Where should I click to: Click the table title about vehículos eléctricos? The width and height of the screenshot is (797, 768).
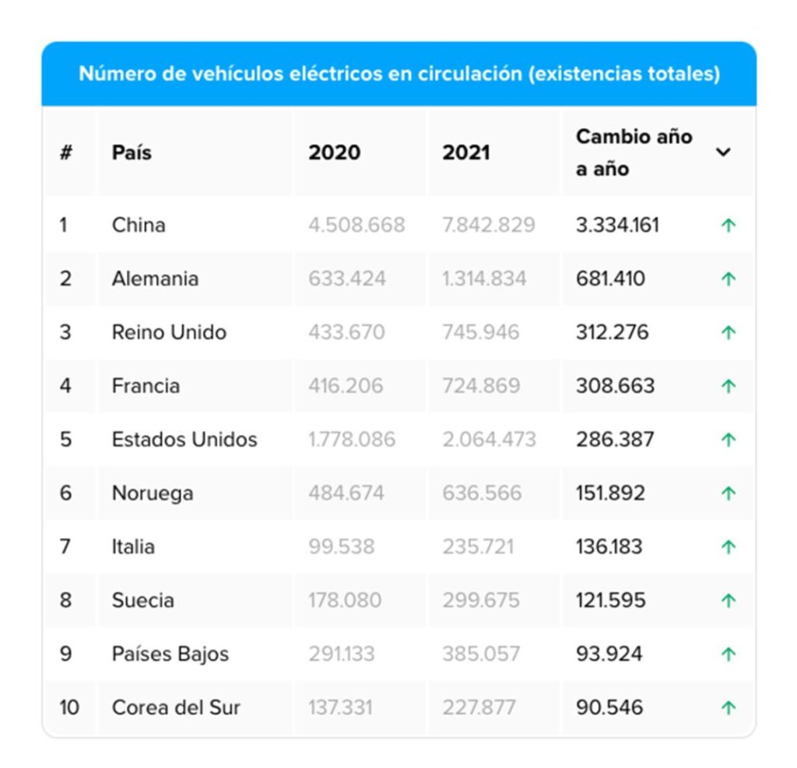[x=398, y=74]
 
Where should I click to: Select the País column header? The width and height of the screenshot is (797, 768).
[x=132, y=152]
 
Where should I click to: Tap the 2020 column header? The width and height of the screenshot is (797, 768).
[x=334, y=152]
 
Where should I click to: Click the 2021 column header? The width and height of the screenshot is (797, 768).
[x=466, y=152]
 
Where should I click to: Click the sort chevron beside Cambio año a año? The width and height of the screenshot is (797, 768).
[x=723, y=152]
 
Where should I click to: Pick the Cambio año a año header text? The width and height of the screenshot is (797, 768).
[x=634, y=153]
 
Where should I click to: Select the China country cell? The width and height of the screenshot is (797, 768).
[x=139, y=225]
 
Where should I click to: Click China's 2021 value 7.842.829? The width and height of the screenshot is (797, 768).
[x=489, y=225]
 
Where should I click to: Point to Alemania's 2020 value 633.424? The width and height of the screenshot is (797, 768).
[x=347, y=279]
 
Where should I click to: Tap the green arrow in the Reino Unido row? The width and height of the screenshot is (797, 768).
[x=729, y=332]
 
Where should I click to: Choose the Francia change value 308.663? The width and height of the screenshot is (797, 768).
[x=615, y=386]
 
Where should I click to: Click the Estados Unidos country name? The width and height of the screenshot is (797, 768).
[x=184, y=440]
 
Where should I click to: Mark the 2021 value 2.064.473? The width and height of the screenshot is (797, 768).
[x=489, y=440]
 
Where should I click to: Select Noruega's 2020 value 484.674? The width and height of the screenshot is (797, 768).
[x=347, y=493]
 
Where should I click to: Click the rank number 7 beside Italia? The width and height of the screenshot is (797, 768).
[x=65, y=547]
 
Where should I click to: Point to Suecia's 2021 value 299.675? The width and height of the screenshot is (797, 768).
[x=480, y=601]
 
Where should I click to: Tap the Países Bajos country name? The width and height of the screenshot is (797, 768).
[x=170, y=654]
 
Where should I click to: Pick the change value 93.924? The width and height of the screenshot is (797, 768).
[x=609, y=654]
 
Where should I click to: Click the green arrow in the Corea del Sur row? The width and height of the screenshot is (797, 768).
[x=729, y=707]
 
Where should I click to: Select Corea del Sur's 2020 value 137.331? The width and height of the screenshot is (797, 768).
[x=340, y=707]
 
